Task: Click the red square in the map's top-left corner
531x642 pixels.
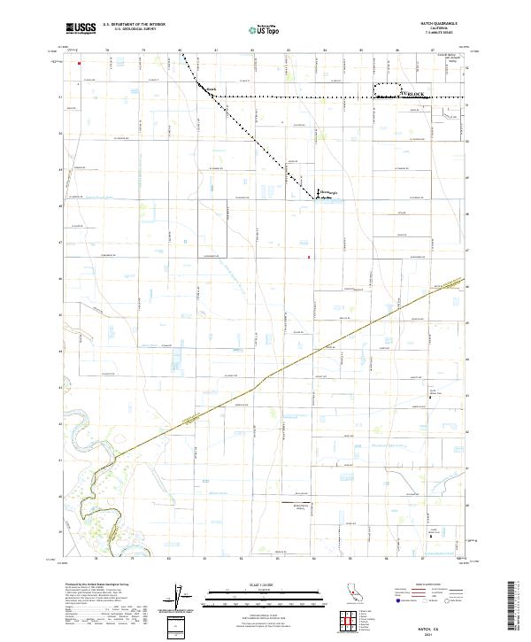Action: (79, 63)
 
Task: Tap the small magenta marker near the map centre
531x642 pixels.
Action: (308, 258)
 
